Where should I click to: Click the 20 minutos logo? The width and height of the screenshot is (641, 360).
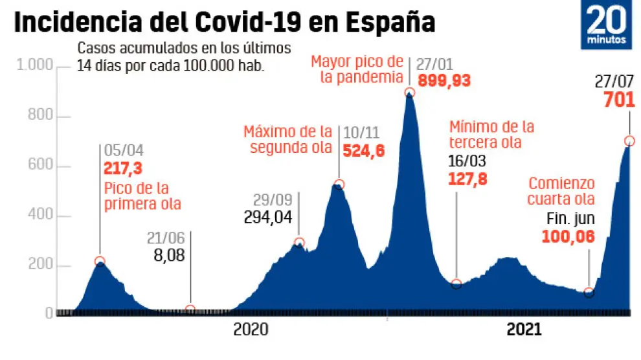[607, 26]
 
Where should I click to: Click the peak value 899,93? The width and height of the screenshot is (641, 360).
[444, 82]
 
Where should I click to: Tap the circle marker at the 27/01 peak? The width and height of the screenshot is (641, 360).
[409, 93]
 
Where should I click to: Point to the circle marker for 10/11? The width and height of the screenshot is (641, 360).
[338, 185]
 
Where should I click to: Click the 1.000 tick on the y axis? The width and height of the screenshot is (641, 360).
[33, 67]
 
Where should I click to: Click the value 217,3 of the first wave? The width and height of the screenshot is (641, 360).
[123, 170]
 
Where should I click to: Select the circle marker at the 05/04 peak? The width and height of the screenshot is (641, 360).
[100, 262]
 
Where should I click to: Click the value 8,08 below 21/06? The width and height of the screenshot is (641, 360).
[169, 256]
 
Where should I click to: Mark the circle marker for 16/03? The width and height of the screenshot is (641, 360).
[456, 284]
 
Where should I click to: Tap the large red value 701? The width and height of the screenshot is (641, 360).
[618, 101]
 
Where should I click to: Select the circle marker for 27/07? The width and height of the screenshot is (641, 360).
[629, 141]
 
